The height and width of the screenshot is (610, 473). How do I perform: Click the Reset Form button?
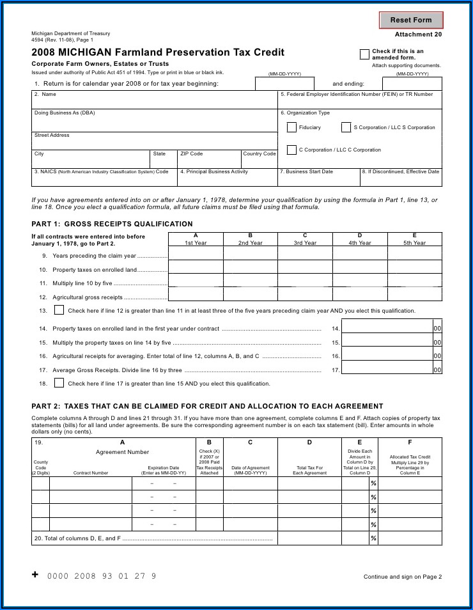click(x=411, y=20)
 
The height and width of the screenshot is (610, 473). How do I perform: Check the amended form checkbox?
click(x=364, y=54)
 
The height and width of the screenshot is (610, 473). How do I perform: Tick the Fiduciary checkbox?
click(x=291, y=127)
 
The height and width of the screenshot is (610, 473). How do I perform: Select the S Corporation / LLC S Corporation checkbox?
click(x=346, y=127)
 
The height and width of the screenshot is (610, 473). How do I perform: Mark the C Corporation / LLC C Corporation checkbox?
click(x=291, y=150)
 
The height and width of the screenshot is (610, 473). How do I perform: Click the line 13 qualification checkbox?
click(x=59, y=310)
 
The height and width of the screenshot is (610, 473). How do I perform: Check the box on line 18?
click(x=59, y=383)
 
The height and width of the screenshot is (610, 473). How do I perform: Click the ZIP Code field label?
click(x=191, y=153)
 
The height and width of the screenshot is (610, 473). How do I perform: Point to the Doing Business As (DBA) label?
click(x=65, y=113)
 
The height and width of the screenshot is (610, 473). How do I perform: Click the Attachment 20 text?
click(x=418, y=35)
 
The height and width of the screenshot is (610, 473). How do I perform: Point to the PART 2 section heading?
click(x=207, y=406)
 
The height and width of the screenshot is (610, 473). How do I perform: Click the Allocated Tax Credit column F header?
click(x=410, y=457)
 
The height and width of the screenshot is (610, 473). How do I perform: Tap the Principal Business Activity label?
click(x=214, y=171)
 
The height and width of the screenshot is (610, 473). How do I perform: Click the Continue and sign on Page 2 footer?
click(x=403, y=577)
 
